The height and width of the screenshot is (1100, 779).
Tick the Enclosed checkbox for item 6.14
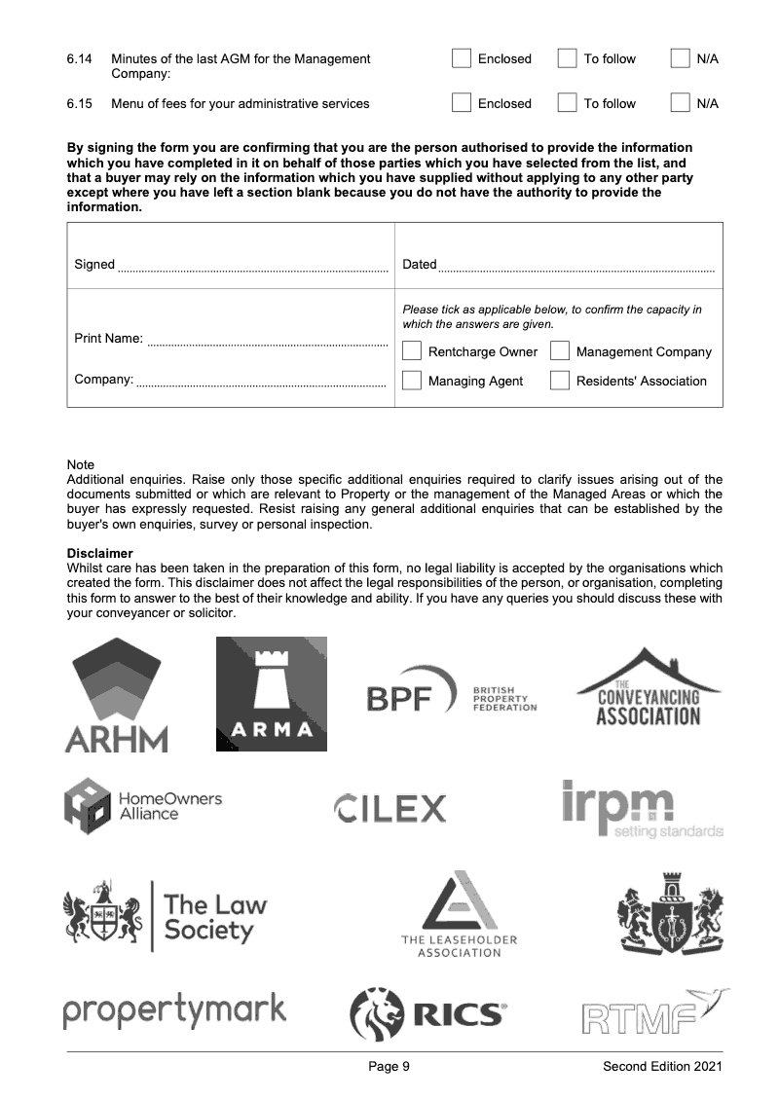[462, 59]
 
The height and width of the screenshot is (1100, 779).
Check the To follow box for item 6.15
[567, 104]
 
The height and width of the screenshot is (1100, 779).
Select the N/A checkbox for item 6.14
[681, 59]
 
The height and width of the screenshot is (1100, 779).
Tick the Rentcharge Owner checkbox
[412, 351]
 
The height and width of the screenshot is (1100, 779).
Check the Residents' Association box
[560, 381]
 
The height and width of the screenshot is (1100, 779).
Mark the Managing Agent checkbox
[412, 381]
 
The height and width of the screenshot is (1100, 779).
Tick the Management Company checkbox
[560, 351]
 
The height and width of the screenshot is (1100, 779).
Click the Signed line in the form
[252, 266]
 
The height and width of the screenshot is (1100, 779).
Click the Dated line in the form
[575, 266]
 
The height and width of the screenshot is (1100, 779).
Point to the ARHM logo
[116, 695]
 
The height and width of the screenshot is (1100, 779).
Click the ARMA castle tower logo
[271, 694]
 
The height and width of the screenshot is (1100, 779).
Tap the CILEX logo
[389, 808]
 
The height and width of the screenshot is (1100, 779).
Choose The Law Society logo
[165, 915]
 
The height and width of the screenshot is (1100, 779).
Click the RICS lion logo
[428, 1014]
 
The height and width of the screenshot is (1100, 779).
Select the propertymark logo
[175, 1009]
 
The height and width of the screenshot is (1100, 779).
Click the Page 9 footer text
[389, 1067]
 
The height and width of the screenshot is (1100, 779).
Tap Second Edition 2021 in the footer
[662, 1067]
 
